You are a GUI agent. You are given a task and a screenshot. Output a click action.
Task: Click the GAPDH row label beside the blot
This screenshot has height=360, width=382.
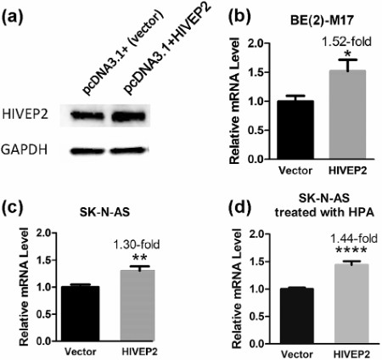tap(29, 149)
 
